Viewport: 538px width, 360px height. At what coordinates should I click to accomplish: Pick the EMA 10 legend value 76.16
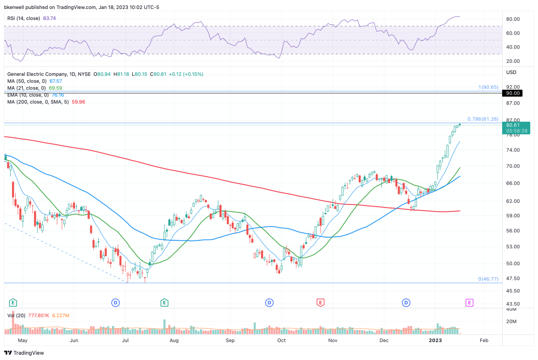56,95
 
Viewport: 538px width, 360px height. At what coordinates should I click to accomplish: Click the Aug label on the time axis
174,341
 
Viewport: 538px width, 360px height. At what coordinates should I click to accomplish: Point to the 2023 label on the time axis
437,341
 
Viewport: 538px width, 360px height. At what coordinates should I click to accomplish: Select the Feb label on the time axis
484,341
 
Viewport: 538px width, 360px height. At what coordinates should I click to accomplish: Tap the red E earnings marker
320,303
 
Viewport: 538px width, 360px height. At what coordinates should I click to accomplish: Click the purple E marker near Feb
469,303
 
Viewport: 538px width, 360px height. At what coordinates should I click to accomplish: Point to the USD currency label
511,72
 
